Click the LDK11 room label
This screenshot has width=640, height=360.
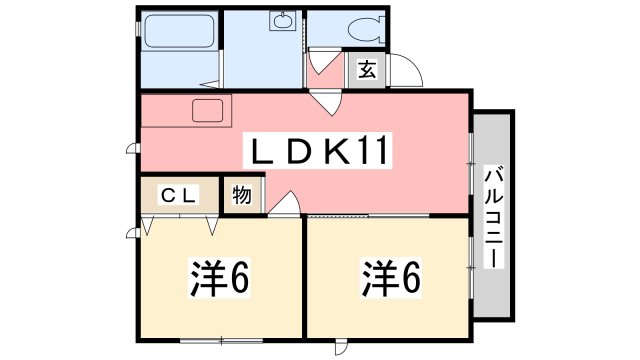click(317, 150)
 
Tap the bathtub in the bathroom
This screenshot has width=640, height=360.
click(180, 32)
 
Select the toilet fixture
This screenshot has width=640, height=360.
click(366, 29)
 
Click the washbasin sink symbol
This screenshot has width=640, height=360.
click(282, 21)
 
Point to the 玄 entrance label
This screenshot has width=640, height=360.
click(367, 70)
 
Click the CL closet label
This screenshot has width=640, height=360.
click(179, 195)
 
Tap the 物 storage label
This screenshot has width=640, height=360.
click(242, 195)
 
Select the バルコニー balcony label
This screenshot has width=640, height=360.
click(493, 217)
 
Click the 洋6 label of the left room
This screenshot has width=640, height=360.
click(219, 278)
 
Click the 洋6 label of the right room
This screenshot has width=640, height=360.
click(391, 278)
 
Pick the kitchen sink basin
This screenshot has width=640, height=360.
click(207, 110)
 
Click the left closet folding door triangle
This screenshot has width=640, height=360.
click(147, 225)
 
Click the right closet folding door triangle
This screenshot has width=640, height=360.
click(212, 225)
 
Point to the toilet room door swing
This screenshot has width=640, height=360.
click(322, 61)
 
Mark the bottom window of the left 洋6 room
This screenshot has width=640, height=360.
click(222, 340)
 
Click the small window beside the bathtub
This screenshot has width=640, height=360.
click(138, 29)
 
